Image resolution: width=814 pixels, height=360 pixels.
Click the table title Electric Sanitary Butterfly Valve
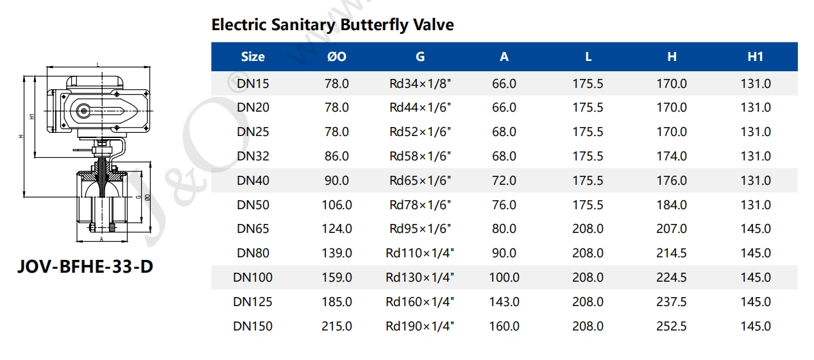(332, 25)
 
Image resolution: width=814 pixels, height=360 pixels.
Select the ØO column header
(336, 56)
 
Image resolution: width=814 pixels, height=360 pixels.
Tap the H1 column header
(755, 56)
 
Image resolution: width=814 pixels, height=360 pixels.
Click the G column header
(420, 56)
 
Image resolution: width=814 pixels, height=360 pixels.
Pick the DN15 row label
(253, 83)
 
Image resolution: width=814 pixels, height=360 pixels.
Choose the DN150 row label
(253, 326)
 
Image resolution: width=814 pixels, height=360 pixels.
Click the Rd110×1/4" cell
(420, 253)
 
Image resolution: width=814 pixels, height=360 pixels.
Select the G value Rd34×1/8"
(420, 83)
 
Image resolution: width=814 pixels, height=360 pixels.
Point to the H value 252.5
(672, 326)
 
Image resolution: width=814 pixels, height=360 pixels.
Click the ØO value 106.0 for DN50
(336, 205)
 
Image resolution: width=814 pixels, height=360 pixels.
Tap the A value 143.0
(504, 302)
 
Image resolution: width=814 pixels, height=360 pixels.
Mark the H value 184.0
(672, 205)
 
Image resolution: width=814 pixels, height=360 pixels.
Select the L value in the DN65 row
(588, 228)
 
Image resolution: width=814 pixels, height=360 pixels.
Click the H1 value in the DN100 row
(755, 277)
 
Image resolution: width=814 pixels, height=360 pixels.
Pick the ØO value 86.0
(336, 156)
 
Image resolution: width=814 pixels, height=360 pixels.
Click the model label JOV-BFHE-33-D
(85, 266)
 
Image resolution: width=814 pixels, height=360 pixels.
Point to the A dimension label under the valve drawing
(101, 238)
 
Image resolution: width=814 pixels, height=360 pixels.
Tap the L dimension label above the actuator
(97, 64)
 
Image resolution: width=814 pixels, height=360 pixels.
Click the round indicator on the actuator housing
(83, 112)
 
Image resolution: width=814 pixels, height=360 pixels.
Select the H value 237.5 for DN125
(672, 302)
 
